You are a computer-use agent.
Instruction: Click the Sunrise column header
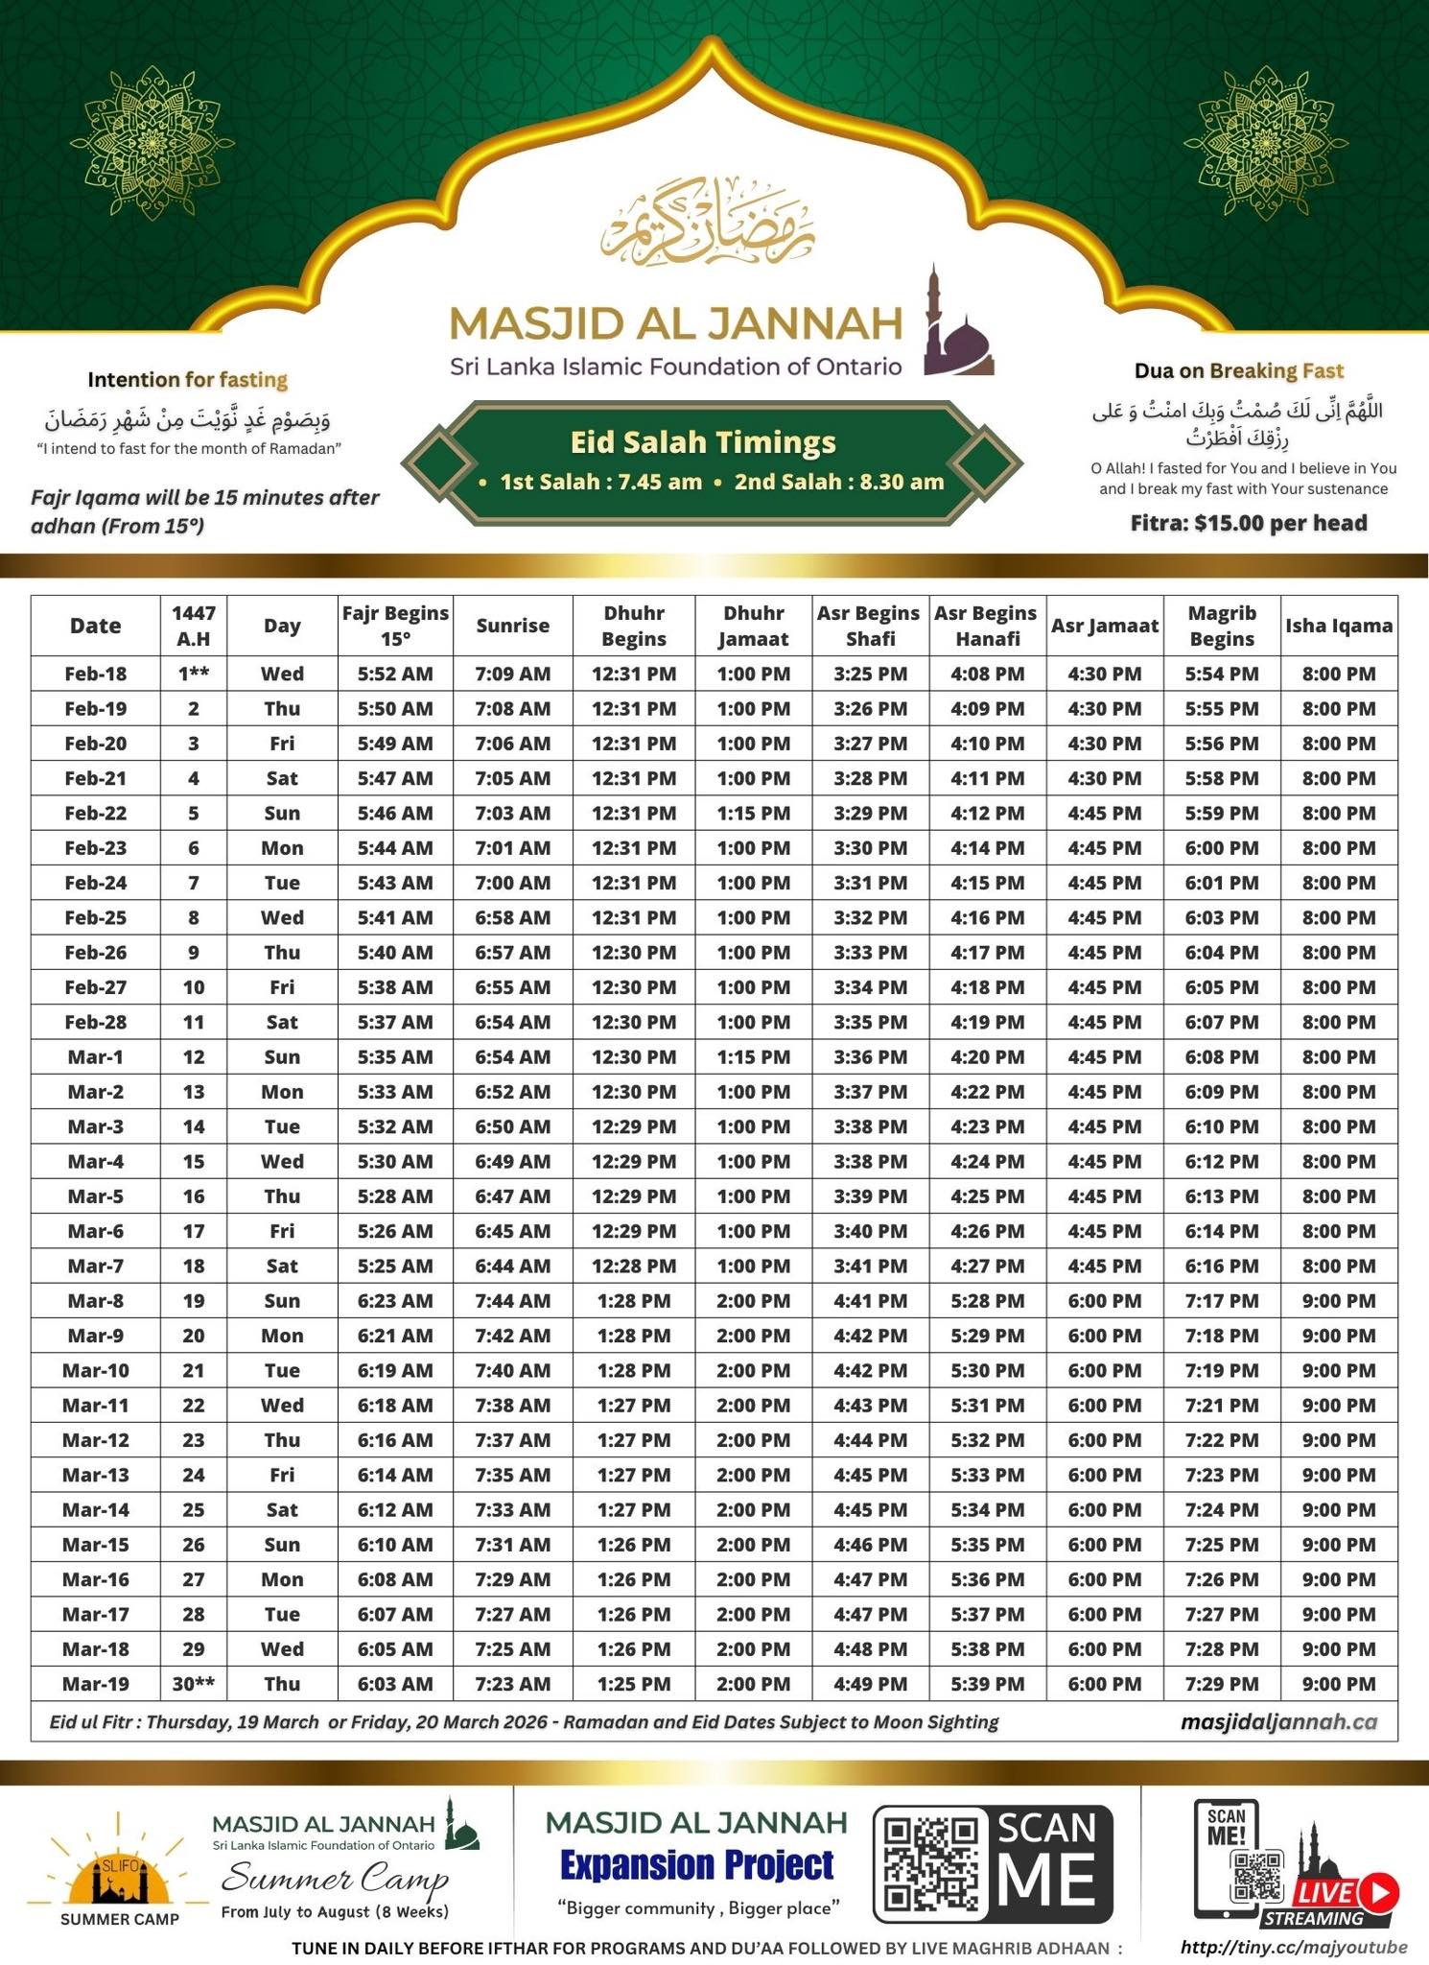513,626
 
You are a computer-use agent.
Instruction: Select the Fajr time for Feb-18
395,674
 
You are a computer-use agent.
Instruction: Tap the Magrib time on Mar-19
1221,1684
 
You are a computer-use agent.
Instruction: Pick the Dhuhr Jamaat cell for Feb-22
754,813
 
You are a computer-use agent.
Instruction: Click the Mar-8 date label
95,1301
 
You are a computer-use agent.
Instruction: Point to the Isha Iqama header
1339,626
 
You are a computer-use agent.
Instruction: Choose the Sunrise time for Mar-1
513,1056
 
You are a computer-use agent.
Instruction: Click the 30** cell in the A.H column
194,1684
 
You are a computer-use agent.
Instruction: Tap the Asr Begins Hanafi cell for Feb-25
987,917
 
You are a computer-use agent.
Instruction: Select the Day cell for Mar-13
282,1475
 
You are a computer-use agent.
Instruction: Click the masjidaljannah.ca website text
1278,1722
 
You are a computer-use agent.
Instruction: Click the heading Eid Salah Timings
703,442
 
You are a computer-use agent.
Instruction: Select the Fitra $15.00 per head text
1248,523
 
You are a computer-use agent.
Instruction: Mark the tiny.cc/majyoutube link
1294,1947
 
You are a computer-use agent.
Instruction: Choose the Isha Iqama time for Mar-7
1339,1266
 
